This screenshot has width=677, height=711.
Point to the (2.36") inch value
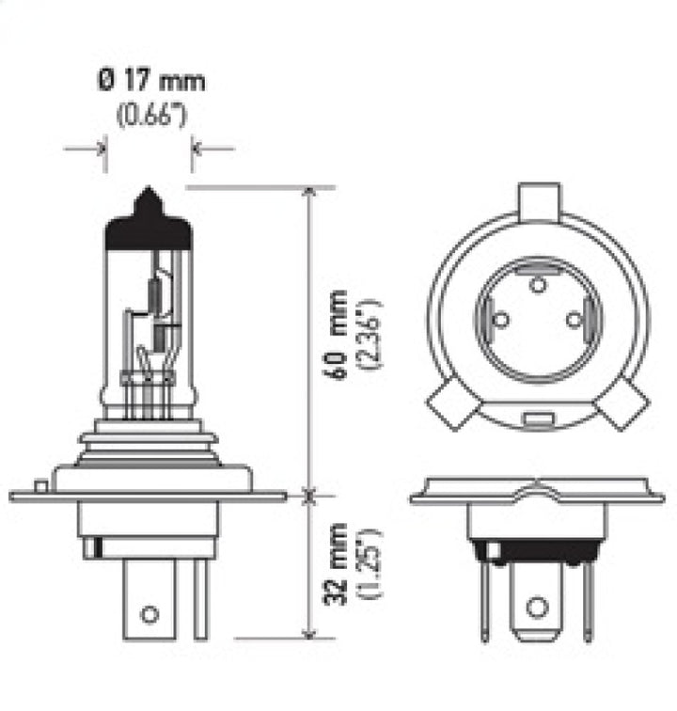tap(370, 334)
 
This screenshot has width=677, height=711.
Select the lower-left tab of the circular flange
tap(450, 407)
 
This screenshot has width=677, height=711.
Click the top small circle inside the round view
tap(537, 285)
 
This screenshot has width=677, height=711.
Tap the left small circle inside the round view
tap(501, 320)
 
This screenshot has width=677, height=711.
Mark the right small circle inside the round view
tap(574, 320)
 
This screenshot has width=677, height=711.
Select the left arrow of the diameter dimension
tap(97, 148)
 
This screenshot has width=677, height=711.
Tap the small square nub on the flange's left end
tap(39, 486)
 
